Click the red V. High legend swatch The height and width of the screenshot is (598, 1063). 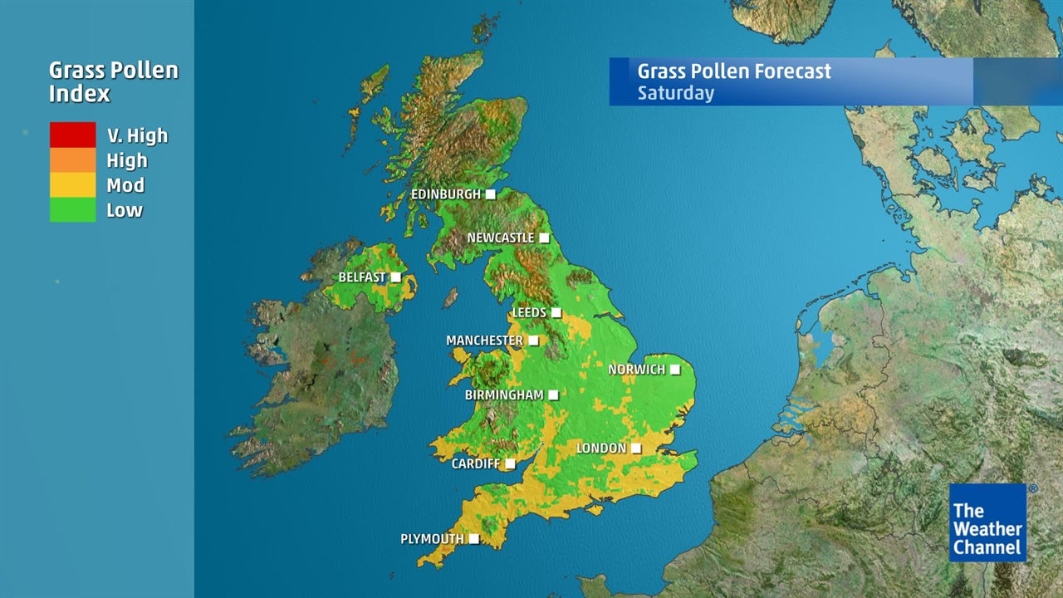[x=72, y=135]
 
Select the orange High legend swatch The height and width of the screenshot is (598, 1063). [x=72, y=159]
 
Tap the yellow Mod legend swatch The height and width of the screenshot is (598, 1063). [x=72, y=184]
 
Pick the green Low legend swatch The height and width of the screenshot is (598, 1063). [x=72, y=209]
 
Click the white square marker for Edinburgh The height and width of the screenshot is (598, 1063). [x=491, y=194]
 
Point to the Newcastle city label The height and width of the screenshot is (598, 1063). [x=501, y=238]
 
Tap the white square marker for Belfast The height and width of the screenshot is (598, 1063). [x=396, y=277]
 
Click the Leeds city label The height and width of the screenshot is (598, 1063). [x=529, y=313]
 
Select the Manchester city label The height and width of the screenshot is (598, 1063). [x=484, y=341]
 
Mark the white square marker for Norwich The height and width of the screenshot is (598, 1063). [x=675, y=370]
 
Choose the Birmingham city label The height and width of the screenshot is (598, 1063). [x=504, y=395]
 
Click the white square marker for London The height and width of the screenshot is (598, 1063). [x=635, y=448]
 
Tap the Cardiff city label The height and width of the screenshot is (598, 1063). [x=476, y=464]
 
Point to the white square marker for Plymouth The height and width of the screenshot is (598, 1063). [x=473, y=539]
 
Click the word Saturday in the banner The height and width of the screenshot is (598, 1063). [x=675, y=92]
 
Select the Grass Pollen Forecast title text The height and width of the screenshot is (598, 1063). [x=734, y=71]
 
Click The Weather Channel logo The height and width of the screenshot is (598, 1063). [x=988, y=523]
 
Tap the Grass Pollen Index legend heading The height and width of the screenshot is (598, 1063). [x=113, y=81]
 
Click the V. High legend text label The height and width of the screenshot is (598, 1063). [x=137, y=135]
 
